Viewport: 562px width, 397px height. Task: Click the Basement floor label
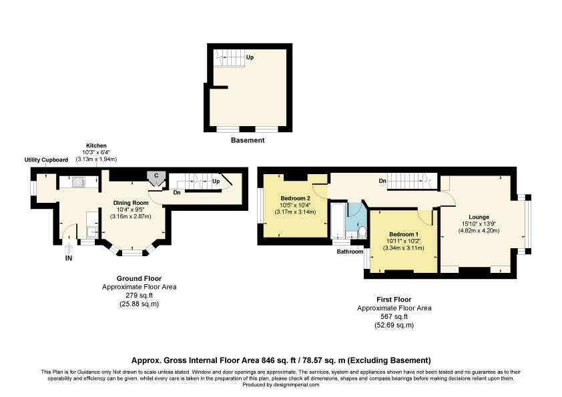tap(248, 140)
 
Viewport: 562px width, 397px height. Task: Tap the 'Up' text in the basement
tap(250, 57)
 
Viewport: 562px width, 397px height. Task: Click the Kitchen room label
tap(96, 145)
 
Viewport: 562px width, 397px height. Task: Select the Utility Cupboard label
tap(46, 160)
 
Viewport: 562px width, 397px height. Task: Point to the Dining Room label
tap(130, 203)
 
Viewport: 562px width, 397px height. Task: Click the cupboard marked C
tap(156, 175)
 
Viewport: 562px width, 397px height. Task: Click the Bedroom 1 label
tap(404, 234)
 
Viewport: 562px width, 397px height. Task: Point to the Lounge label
tap(479, 217)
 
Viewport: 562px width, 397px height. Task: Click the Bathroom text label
tap(349, 252)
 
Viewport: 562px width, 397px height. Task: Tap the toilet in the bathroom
tap(362, 232)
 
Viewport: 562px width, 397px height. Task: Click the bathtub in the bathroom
tap(338, 222)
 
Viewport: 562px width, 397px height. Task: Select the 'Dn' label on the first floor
tap(382, 180)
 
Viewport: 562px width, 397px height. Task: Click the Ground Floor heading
tap(139, 279)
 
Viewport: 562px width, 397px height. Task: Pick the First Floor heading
tap(394, 300)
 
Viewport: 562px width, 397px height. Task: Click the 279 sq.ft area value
tap(139, 296)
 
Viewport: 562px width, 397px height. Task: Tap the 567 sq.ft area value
tap(394, 317)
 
